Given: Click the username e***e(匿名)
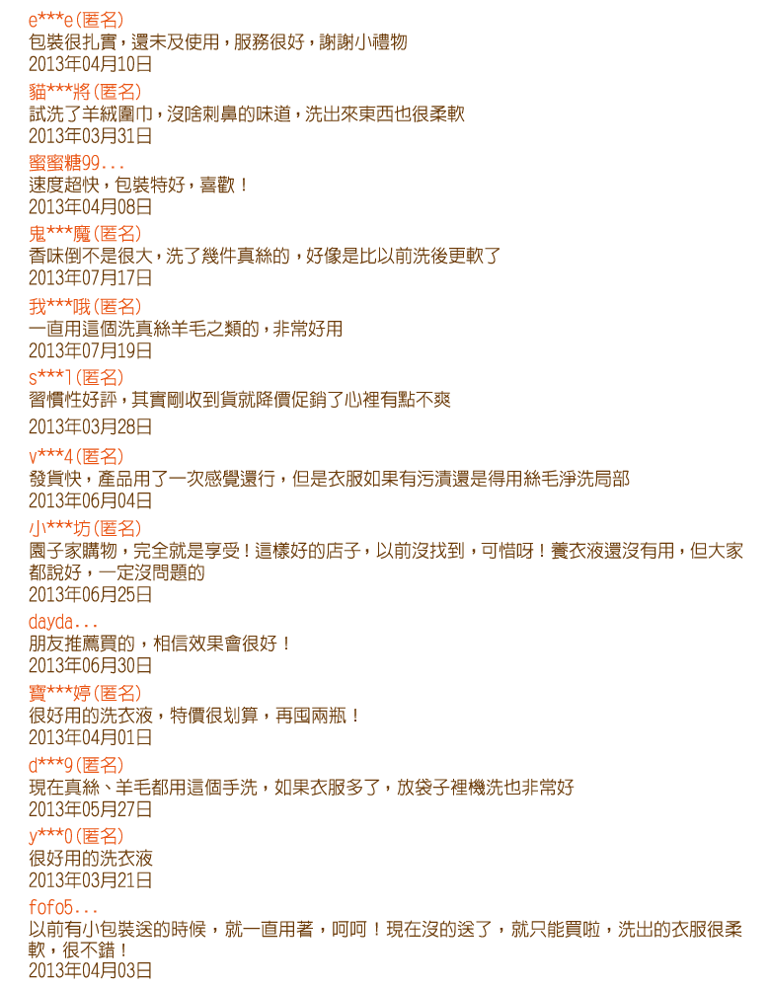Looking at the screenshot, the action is (x=76, y=20).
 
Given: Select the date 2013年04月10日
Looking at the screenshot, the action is (x=90, y=64).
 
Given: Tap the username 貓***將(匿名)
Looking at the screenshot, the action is (x=85, y=92).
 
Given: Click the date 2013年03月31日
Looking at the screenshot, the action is (x=90, y=136).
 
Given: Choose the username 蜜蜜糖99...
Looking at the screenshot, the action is (x=76, y=163).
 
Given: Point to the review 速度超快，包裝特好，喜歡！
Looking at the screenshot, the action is (x=138, y=186).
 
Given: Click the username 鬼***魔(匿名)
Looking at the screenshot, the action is (x=85, y=234).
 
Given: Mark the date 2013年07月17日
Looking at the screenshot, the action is (x=90, y=277).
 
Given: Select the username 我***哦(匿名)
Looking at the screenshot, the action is (x=85, y=307).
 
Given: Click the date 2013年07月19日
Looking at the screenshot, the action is (x=90, y=350).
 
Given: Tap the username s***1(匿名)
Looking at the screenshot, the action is (x=76, y=378).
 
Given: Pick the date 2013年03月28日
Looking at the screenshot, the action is (x=90, y=426).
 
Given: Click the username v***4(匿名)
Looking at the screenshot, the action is (x=76, y=456).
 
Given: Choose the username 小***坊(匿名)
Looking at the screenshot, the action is (x=85, y=529).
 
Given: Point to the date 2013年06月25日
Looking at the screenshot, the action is (x=90, y=594).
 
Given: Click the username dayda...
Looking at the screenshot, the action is (x=63, y=622).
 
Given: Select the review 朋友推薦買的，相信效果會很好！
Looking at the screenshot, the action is (x=159, y=644).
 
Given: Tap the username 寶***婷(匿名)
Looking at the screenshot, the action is (x=85, y=694).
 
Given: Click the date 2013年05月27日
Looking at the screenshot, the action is (x=90, y=809).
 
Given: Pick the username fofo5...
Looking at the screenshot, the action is (x=63, y=908).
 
